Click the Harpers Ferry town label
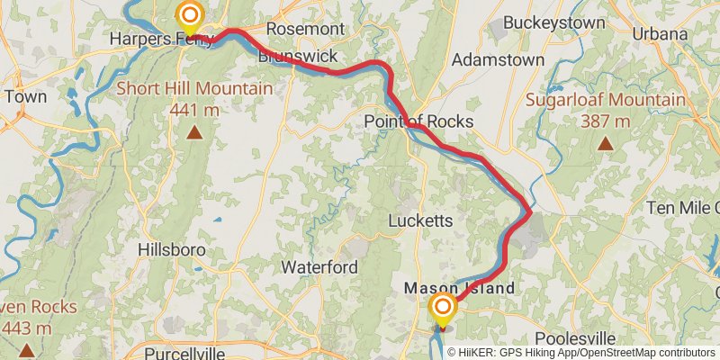click(160, 39)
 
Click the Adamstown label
click(498, 59)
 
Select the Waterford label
click(319, 267)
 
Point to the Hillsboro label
click(172, 249)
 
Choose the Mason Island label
click(459, 288)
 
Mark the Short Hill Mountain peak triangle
click(193, 133)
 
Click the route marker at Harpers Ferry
click(190, 14)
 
